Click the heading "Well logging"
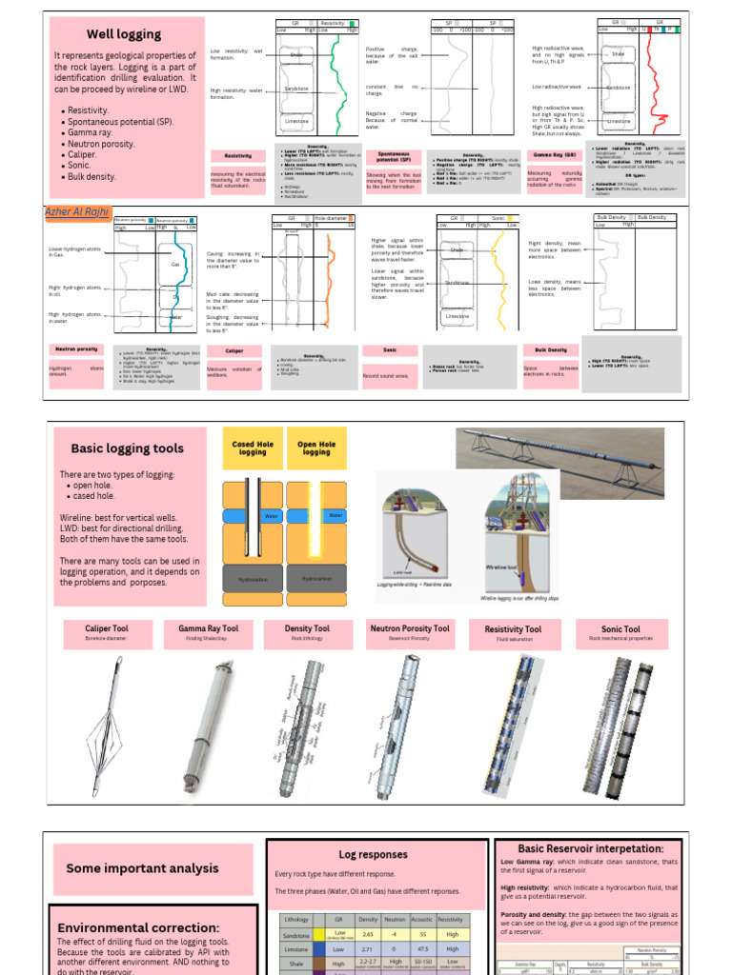pyautogui.click(x=124, y=34)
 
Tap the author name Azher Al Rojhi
pyautogui.click(x=78, y=210)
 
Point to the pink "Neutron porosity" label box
pyautogui.click(x=75, y=349)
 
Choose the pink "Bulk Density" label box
pyautogui.click(x=551, y=349)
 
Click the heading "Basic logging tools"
pyautogui.click(x=127, y=448)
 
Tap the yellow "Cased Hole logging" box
pyautogui.click(x=252, y=448)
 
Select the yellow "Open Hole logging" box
pyautogui.click(x=316, y=448)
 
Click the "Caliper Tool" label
pyautogui.click(x=107, y=629)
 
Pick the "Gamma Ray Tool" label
pyautogui.click(x=208, y=629)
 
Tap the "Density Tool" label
pyautogui.click(x=307, y=629)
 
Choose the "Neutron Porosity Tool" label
pyautogui.click(x=410, y=629)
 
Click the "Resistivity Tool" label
pyautogui.click(x=513, y=630)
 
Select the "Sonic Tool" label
pyautogui.click(x=620, y=629)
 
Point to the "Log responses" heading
pyautogui.click(x=373, y=854)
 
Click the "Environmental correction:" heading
pyautogui.click(x=139, y=927)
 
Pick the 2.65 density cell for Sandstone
pyautogui.click(x=368, y=935)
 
